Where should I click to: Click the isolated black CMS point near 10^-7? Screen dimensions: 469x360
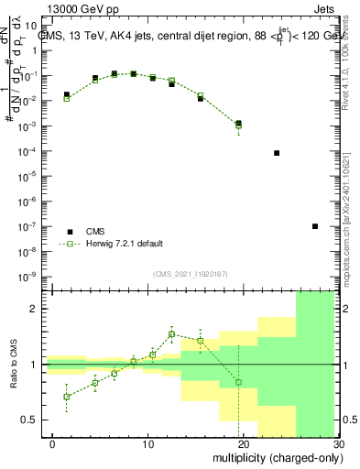(x=315, y=226)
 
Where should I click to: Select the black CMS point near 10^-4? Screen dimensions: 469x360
(x=277, y=153)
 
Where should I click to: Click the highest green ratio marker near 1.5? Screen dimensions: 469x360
(x=171, y=333)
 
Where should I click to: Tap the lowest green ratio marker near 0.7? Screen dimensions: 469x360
(x=66, y=397)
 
